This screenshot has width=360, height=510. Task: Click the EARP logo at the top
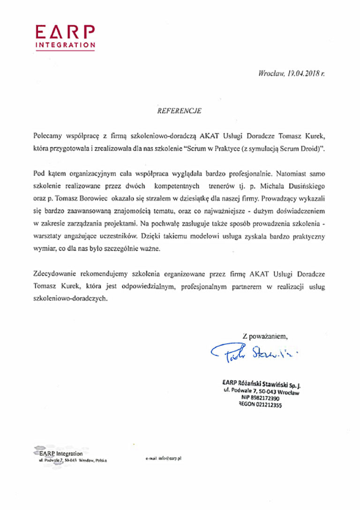click(x=66, y=31)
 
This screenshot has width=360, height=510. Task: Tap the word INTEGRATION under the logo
click(x=66, y=45)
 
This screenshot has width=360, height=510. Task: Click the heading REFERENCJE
click(x=180, y=111)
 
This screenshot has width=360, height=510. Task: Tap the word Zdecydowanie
click(x=56, y=273)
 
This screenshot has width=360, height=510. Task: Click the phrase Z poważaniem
click(x=265, y=335)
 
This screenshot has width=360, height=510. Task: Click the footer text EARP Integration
click(x=61, y=454)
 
